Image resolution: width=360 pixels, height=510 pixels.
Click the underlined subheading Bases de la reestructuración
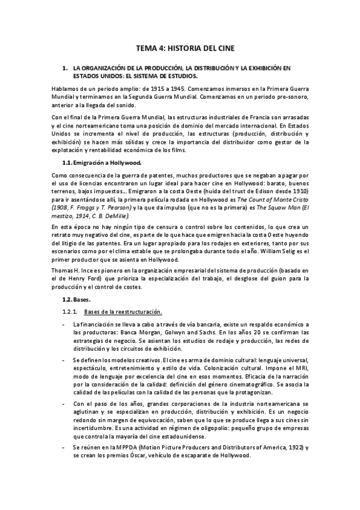click(123, 312)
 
